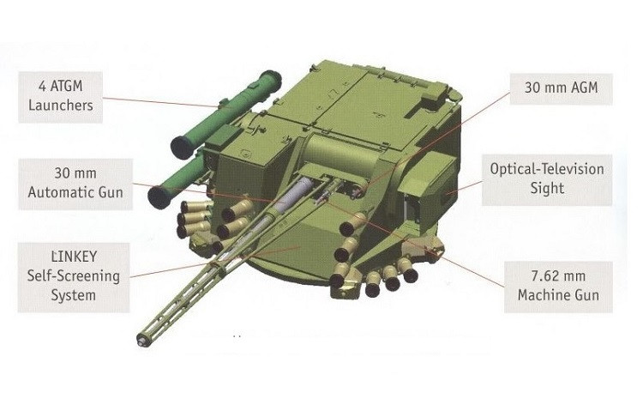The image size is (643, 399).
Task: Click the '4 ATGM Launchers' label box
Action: [x=60, y=97]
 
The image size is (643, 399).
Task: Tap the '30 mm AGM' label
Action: [x=561, y=89]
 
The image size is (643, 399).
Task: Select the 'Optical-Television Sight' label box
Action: [x=547, y=180]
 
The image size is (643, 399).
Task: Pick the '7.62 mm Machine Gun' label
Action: [x=558, y=287]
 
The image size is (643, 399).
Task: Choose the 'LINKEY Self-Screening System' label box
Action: [x=74, y=277]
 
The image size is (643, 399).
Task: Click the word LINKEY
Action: [x=75, y=257]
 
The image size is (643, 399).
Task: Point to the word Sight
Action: [x=547, y=189]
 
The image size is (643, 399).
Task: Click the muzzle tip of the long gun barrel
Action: [x=141, y=341]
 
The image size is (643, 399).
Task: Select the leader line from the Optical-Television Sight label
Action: [x=464, y=187]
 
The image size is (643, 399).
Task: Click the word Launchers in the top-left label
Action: [x=61, y=106]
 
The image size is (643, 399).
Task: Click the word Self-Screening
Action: [x=74, y=275]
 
